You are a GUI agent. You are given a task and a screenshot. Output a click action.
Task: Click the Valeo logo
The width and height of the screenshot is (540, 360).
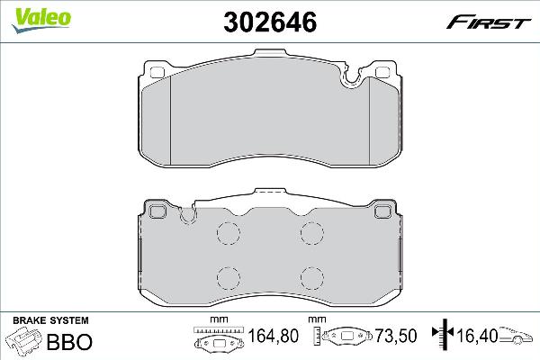pyautogui.click(x=41, y=20)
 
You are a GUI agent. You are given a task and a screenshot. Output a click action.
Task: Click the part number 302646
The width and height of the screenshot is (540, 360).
pyautogui.click(x=270, y=22)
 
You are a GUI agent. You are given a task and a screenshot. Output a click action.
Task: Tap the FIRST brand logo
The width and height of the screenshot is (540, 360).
pyautogui.click(x=489, y=22)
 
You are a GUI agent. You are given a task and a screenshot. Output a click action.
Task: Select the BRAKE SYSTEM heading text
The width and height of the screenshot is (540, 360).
pyautogui.click(x=50, y=320)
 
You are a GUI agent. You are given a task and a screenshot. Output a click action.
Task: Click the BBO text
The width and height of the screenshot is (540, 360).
pyautogui.click(x=69, y=342)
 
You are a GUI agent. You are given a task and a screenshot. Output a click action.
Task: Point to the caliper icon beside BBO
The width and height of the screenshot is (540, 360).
pyautogui.click(x=23, y=340)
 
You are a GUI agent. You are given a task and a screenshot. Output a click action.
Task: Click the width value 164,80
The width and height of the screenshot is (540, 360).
pyautogui.click(x=273, y=336)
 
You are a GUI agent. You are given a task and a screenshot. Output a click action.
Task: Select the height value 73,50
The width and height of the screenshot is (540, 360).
pyautogui.click(x=396, y=336)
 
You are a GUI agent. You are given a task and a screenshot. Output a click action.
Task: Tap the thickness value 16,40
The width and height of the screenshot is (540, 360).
pyautogui.click(x=477, y=336)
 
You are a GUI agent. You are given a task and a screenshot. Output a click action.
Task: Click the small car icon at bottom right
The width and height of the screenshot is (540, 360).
pyautogui.click(x=516, y=335)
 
